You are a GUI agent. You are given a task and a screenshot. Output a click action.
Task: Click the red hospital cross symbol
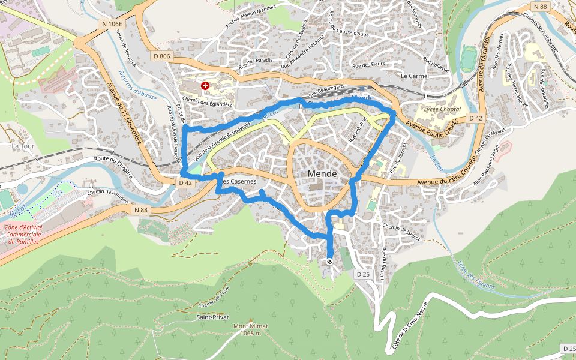[205, 86]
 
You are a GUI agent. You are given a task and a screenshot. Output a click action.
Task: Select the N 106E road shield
[111, 24]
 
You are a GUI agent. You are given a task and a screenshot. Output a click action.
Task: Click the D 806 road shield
[162, 56]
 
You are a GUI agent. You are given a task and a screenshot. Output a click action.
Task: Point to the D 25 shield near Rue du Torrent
[362, 274]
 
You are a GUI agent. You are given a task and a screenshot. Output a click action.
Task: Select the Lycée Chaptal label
[442, 109]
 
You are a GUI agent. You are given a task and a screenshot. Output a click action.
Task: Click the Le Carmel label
[412, 76]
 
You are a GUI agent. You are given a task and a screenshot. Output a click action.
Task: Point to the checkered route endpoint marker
[329, 262]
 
